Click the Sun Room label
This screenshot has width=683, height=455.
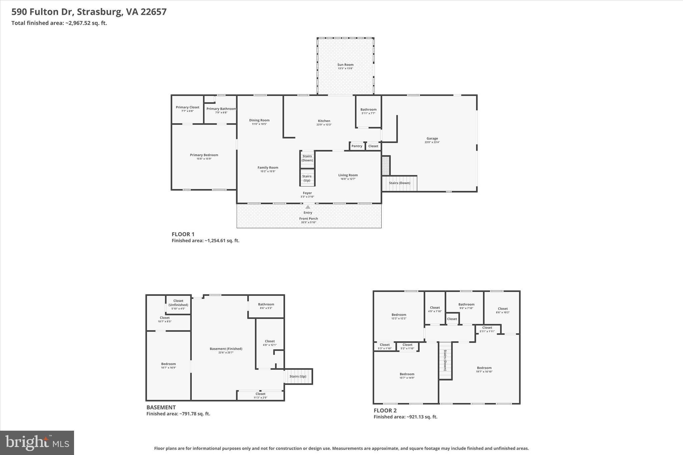[x=345, y=65]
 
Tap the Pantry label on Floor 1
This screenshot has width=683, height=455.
[x=357, y=146]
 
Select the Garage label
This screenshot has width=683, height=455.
[x=432, y=138]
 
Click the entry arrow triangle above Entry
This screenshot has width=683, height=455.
[x=308, y=207]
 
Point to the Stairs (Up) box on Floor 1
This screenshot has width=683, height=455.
[x=307, y=178]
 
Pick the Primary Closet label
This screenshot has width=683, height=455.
[x=187, y=107]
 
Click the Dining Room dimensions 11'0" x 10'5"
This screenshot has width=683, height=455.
[x=259, y=124]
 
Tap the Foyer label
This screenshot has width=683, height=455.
[x=307, y=193]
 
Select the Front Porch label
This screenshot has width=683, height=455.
[x=308, y=219]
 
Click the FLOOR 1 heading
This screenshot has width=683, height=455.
[x=183, y=234]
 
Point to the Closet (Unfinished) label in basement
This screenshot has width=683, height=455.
[x=178, y=303]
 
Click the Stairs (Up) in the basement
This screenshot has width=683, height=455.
[x=298, y=376]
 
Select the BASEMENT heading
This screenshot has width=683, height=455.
[x=161, y=407]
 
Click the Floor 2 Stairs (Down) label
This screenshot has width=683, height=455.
[x=445, y=360]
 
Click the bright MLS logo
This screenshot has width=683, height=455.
[x=37, y=443]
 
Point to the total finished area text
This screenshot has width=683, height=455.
[x=59, y=23]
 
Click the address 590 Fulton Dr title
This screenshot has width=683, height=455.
[x=89, y=12]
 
